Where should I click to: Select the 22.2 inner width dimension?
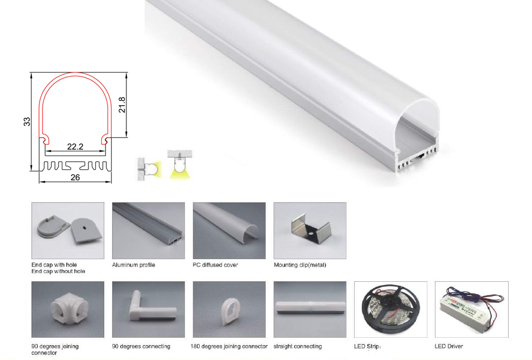(75, 147)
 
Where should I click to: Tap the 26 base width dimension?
(75, 178)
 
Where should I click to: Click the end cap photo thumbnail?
(68, 231)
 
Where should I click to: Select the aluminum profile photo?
(148, 231)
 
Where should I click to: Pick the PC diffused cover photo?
(229, 231)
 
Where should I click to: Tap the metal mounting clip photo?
(310, 231)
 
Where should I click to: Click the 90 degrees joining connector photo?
(68, 310)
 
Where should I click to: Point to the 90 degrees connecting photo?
(148, 310)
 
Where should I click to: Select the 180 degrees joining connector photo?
(229, 310)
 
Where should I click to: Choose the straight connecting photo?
(310, 310)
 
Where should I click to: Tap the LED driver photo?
(472, 310)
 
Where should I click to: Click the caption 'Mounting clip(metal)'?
(300, 265)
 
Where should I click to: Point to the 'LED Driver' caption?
(449, 346)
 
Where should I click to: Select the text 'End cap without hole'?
(58, 272)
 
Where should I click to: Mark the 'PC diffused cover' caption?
(215, 265)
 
